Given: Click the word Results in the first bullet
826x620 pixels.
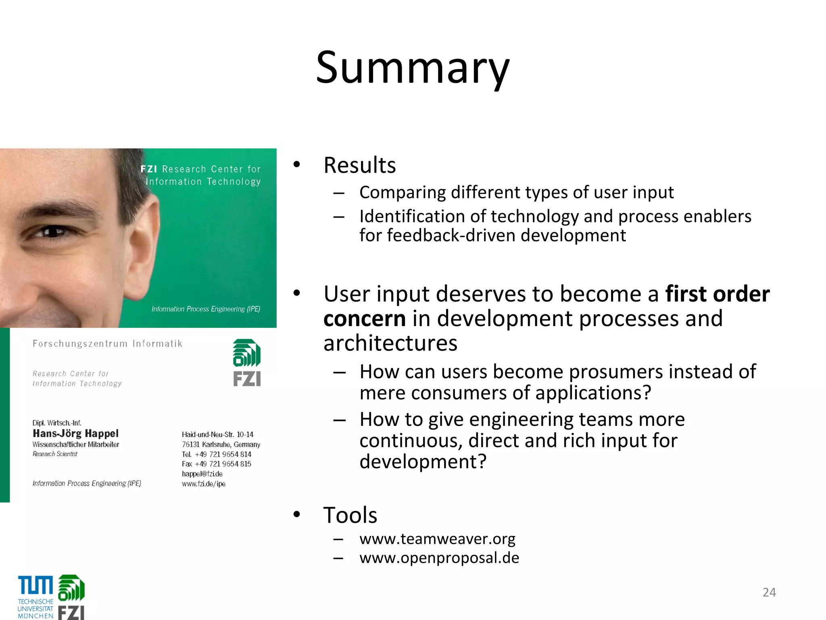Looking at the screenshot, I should [x=359, y=165].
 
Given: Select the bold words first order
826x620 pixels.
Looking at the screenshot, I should [x=717, y=294].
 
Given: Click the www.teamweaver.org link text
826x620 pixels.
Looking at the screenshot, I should [x=437, y=539].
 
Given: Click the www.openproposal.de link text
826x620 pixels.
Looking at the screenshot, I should [x=439, y=558].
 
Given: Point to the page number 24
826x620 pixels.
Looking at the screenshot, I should [x=769, y=592].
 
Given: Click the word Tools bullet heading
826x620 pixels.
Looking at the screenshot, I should [x=350, y=515].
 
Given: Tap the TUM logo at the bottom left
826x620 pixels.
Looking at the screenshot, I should [x=35, y=597].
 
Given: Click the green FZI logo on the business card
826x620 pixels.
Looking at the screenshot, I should [x=247, y=362].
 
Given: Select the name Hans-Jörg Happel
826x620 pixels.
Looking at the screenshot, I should [x=75, y=434].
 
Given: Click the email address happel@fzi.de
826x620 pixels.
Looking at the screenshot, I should [x=202, y=474].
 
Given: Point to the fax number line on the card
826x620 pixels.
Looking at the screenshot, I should [x=216, y=464].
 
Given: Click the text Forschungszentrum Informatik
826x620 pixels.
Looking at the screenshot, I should [x=107, y=344].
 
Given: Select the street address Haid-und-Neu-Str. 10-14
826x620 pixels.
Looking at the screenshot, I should [x=217, y=435].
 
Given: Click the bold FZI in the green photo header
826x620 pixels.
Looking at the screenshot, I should [x=148, y=169].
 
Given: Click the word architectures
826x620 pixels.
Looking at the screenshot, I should [x=390, y=344].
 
